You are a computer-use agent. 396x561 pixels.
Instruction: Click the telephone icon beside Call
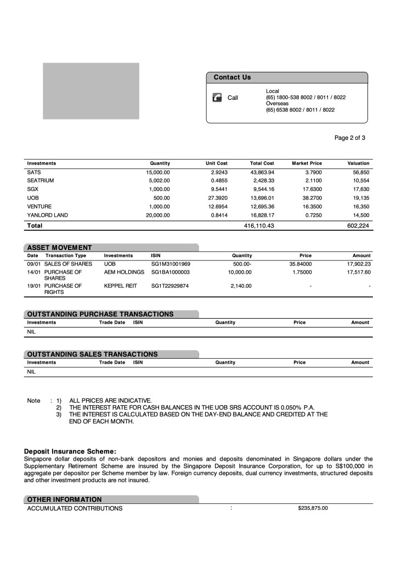click(217, 98)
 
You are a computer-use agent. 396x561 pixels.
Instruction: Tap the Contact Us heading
click(232, 77)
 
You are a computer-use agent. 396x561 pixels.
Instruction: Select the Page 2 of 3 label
click(349, 138)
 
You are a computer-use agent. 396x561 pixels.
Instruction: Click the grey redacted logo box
click(91, 91)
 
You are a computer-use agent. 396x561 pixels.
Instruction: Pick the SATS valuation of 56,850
click(361, 172)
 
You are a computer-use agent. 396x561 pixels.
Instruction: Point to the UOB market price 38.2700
click(307, 198)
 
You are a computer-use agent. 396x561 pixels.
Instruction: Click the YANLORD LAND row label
click(47, 215)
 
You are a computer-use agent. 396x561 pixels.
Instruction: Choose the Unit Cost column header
click(216, 163)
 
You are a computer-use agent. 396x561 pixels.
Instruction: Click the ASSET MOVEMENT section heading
click(59, 247)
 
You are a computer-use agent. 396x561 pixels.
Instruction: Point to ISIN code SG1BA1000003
click(170, 271)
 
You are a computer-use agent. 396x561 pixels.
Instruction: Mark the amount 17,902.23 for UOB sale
click(359, 264)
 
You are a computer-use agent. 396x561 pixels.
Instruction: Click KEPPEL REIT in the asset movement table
click(120, 286)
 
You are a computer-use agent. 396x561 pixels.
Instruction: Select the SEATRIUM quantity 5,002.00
click(159, 180)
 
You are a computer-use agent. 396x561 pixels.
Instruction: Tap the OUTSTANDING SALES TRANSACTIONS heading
click(92, 354)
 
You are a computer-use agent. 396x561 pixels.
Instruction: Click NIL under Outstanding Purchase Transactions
click(32, 332)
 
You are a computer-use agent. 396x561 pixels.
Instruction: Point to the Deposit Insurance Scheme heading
click(70, 451)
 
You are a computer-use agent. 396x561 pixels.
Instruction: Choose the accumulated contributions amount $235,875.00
click(313, 508)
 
